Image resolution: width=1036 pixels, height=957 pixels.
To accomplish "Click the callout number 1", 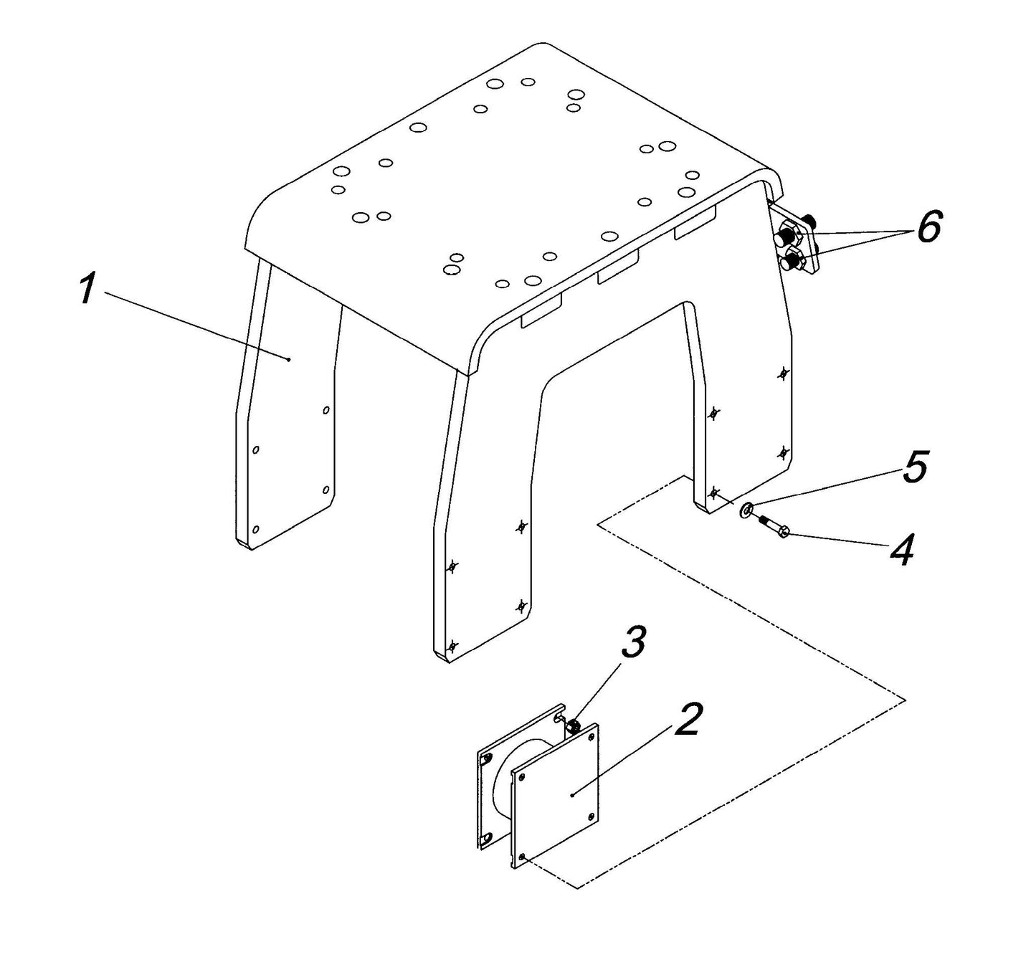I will (x=87, y=290).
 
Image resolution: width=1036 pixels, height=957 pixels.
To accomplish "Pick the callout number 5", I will (x=915, y=467).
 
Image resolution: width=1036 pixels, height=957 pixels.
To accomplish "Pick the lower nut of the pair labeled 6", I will (x=794, y=257).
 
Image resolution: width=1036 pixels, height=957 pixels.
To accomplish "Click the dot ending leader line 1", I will (x=288, y=359).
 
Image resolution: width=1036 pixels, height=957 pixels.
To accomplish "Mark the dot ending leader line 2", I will (x=571, y=795).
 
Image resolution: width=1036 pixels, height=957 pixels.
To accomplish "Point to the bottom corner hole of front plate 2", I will (x=524, y=857).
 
